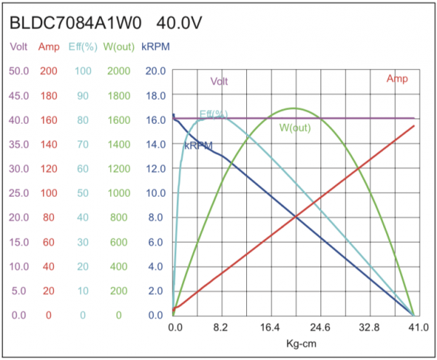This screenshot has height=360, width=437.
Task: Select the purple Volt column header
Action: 20,47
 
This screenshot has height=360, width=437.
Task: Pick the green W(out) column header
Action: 118,47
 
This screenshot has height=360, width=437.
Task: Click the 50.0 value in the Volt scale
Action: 20,71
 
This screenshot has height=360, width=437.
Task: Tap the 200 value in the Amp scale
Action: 48,71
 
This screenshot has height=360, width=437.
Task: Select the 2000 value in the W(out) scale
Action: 118,71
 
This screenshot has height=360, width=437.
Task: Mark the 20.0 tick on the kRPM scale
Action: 156,71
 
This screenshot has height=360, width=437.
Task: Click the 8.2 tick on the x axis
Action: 221,327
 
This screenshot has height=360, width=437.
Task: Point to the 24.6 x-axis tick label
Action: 319,327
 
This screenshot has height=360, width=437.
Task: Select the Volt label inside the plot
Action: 219,82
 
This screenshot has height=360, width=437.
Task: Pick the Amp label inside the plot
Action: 397,79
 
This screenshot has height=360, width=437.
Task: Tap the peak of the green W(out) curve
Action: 294,109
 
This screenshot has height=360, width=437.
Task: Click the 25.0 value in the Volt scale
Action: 20,193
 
